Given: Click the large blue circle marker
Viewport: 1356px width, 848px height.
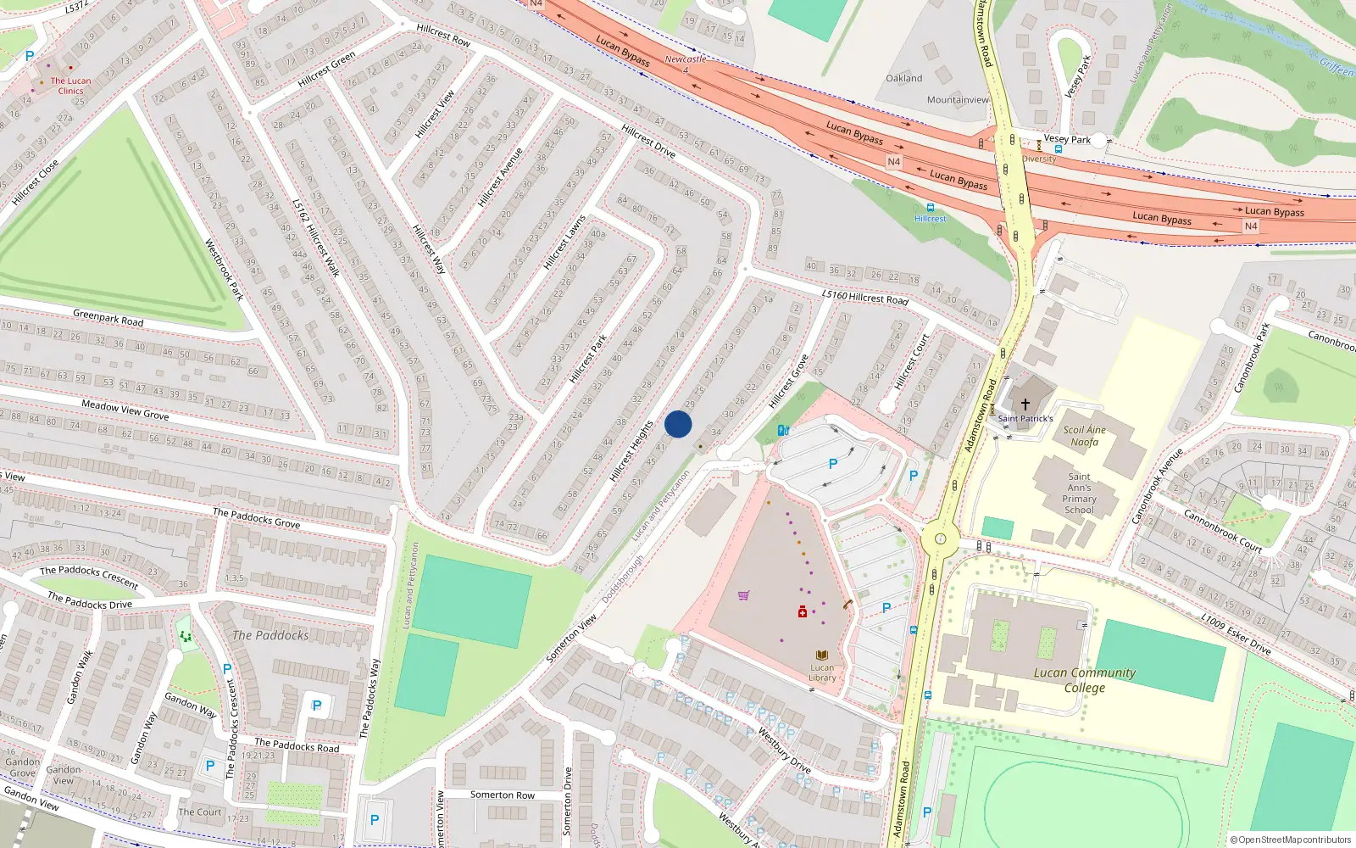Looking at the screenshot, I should point(678,424).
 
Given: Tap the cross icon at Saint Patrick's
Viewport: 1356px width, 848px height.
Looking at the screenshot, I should point(1025,404).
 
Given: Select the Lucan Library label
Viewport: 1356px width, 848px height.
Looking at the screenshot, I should point(822,672).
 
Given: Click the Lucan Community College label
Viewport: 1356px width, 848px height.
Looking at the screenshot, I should point(1085,679).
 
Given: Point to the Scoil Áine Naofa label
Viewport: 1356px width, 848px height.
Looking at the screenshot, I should point(1084,436).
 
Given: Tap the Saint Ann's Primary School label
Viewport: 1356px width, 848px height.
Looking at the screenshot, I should point(1079,494).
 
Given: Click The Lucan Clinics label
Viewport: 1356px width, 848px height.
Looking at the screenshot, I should point(70,86).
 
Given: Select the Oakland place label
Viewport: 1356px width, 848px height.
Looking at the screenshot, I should point(904,78).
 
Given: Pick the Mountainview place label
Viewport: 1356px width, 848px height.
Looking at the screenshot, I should point(958,99).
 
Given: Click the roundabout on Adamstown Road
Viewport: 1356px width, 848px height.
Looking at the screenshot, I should point(939,538).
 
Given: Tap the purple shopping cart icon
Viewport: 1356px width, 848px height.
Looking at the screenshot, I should point(743,595).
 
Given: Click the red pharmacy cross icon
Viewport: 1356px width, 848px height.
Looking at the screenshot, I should point(802,611).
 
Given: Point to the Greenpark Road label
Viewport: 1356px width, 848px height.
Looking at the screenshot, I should point(108,318).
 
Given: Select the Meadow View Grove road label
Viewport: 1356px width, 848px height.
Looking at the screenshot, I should point(125,410).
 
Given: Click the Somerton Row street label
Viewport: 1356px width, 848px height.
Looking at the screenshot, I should point(503,795).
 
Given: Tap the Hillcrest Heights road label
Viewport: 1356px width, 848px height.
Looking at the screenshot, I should point(632,451).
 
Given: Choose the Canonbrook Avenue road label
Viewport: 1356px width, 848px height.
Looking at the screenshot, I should point(1158,486).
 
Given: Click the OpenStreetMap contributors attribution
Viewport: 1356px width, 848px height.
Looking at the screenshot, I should point(1291,840).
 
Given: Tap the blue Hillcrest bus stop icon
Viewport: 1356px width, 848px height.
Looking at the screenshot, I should point(931,208).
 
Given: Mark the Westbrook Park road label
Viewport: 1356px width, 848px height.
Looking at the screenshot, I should point(224,270).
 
